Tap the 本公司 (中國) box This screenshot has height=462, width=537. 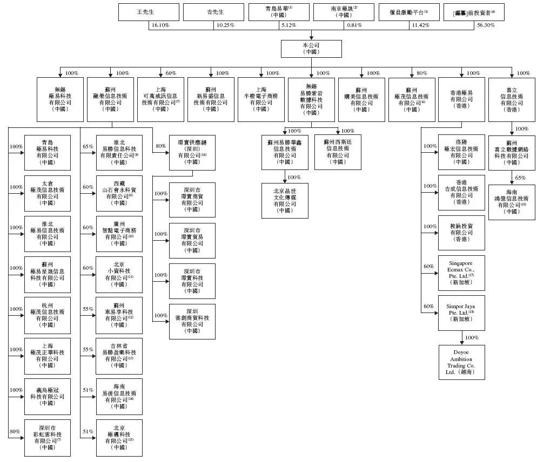312,48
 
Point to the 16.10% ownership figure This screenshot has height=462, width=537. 160,25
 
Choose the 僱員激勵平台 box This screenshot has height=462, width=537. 410,12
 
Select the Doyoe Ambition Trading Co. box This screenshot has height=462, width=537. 462,362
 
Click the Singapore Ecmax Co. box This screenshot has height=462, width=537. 462,273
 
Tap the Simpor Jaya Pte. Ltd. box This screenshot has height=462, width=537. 462,312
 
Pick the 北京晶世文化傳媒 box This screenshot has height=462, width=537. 285,200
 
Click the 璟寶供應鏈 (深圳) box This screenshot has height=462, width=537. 192,153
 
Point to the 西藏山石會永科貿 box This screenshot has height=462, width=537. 119,193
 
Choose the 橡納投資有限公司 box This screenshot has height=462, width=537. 462,233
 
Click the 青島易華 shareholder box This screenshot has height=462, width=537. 279,12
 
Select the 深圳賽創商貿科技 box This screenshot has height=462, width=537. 192,321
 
